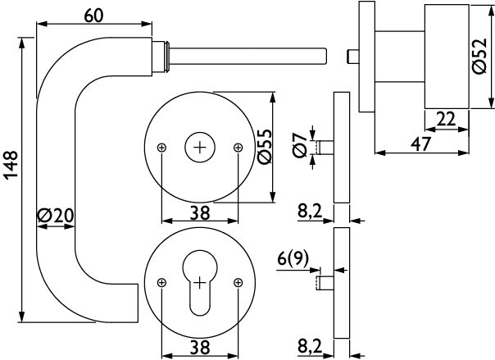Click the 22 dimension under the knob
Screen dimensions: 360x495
[445, 119]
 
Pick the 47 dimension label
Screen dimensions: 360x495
[420, 143]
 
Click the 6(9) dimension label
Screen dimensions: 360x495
[293, 260]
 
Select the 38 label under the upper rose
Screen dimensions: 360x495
[199, 213]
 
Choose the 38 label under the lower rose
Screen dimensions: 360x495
[199, 347]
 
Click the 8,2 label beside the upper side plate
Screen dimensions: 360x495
[310, 212]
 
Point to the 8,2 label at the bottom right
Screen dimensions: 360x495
[310, 347]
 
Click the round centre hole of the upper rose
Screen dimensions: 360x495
[199, 148]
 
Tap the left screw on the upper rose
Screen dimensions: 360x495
[161, 148]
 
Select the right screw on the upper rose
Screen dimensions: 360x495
[238, 148]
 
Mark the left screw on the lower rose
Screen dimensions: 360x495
[161, 284]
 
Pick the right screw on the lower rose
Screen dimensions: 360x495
[238, 284]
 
